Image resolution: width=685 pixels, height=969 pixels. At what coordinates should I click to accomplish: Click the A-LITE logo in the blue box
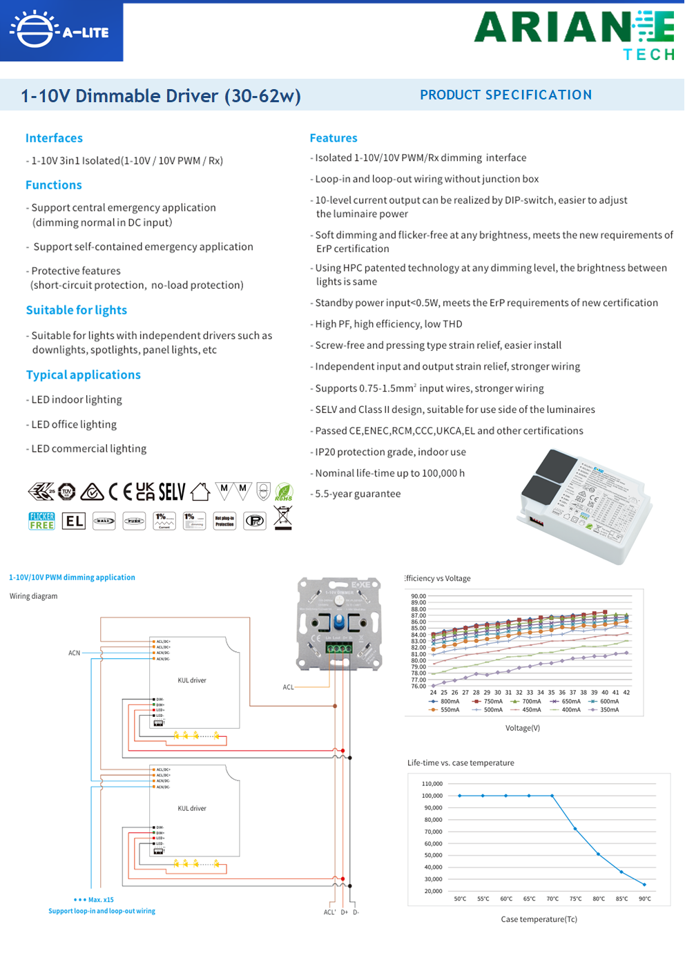[61, 31]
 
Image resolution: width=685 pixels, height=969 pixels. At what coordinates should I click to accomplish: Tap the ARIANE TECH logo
[575, 35]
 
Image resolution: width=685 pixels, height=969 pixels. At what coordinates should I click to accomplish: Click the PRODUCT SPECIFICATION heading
[505, 95]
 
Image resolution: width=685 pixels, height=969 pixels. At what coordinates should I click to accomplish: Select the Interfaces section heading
[54, 138]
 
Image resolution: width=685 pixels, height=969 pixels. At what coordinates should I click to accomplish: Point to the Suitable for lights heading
[77, 310]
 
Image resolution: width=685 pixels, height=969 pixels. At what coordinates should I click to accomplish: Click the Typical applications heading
[84, 374]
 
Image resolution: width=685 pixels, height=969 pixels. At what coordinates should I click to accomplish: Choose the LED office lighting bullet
[74, 424]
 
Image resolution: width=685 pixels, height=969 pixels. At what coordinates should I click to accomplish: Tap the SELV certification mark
[172, 492]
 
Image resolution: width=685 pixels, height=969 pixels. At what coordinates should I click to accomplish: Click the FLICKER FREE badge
[41, 521]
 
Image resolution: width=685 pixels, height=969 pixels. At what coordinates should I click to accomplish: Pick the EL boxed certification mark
[74, 521]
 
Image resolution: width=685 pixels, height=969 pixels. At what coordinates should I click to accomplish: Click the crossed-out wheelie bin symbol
[283, 517]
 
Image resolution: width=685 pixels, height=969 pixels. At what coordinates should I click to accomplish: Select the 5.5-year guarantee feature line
[358, 494]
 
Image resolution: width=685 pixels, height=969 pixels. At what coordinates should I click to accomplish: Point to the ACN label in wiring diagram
[74, 653]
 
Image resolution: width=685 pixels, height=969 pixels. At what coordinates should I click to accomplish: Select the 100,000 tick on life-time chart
[432, 796]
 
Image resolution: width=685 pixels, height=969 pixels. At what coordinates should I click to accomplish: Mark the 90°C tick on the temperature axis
[645, 899]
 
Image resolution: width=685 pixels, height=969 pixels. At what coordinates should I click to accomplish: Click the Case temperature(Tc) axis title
[539, 919]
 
